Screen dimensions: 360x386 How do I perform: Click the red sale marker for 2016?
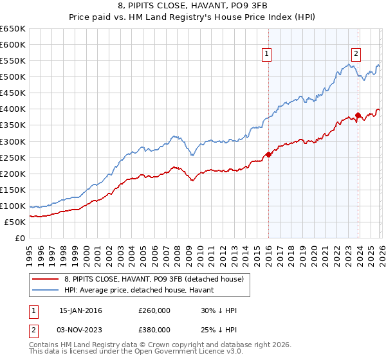(268, 154)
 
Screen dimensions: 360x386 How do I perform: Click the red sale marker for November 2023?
(358, 115)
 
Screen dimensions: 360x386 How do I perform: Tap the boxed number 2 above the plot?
(356, 55)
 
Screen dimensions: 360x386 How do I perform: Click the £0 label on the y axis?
(21, 238)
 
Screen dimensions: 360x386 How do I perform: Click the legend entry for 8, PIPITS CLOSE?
(154, 279)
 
